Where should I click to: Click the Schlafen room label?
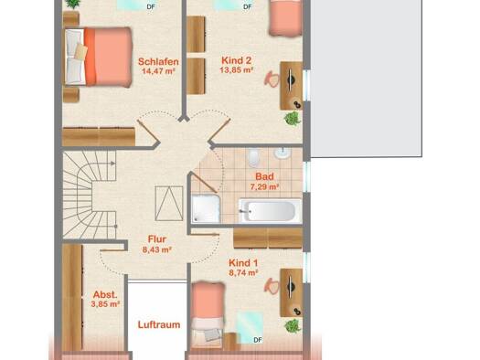(158, 61)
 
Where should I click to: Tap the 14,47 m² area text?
(158, 71)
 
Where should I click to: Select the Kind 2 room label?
(236, 60)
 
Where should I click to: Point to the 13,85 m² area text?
(236, 70)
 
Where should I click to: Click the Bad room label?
(264, 176)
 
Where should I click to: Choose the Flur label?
(157, 239)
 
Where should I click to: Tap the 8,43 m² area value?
(156, 249)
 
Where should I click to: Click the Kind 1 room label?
(243, 263)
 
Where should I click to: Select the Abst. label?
(105, 294)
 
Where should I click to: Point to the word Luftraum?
(159, 324)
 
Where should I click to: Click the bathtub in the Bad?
(270, 210)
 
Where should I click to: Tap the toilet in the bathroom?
(254, 157)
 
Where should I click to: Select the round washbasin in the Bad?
(282, 154)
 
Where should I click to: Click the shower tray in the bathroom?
(206, 208)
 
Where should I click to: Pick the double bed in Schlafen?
(98, 58)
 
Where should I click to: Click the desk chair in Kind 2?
(272, 79)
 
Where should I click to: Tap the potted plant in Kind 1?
(293, 326)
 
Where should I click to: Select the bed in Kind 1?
(208, 315)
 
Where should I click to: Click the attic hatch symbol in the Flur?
(169, 204)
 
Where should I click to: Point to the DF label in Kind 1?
(258, 340)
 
